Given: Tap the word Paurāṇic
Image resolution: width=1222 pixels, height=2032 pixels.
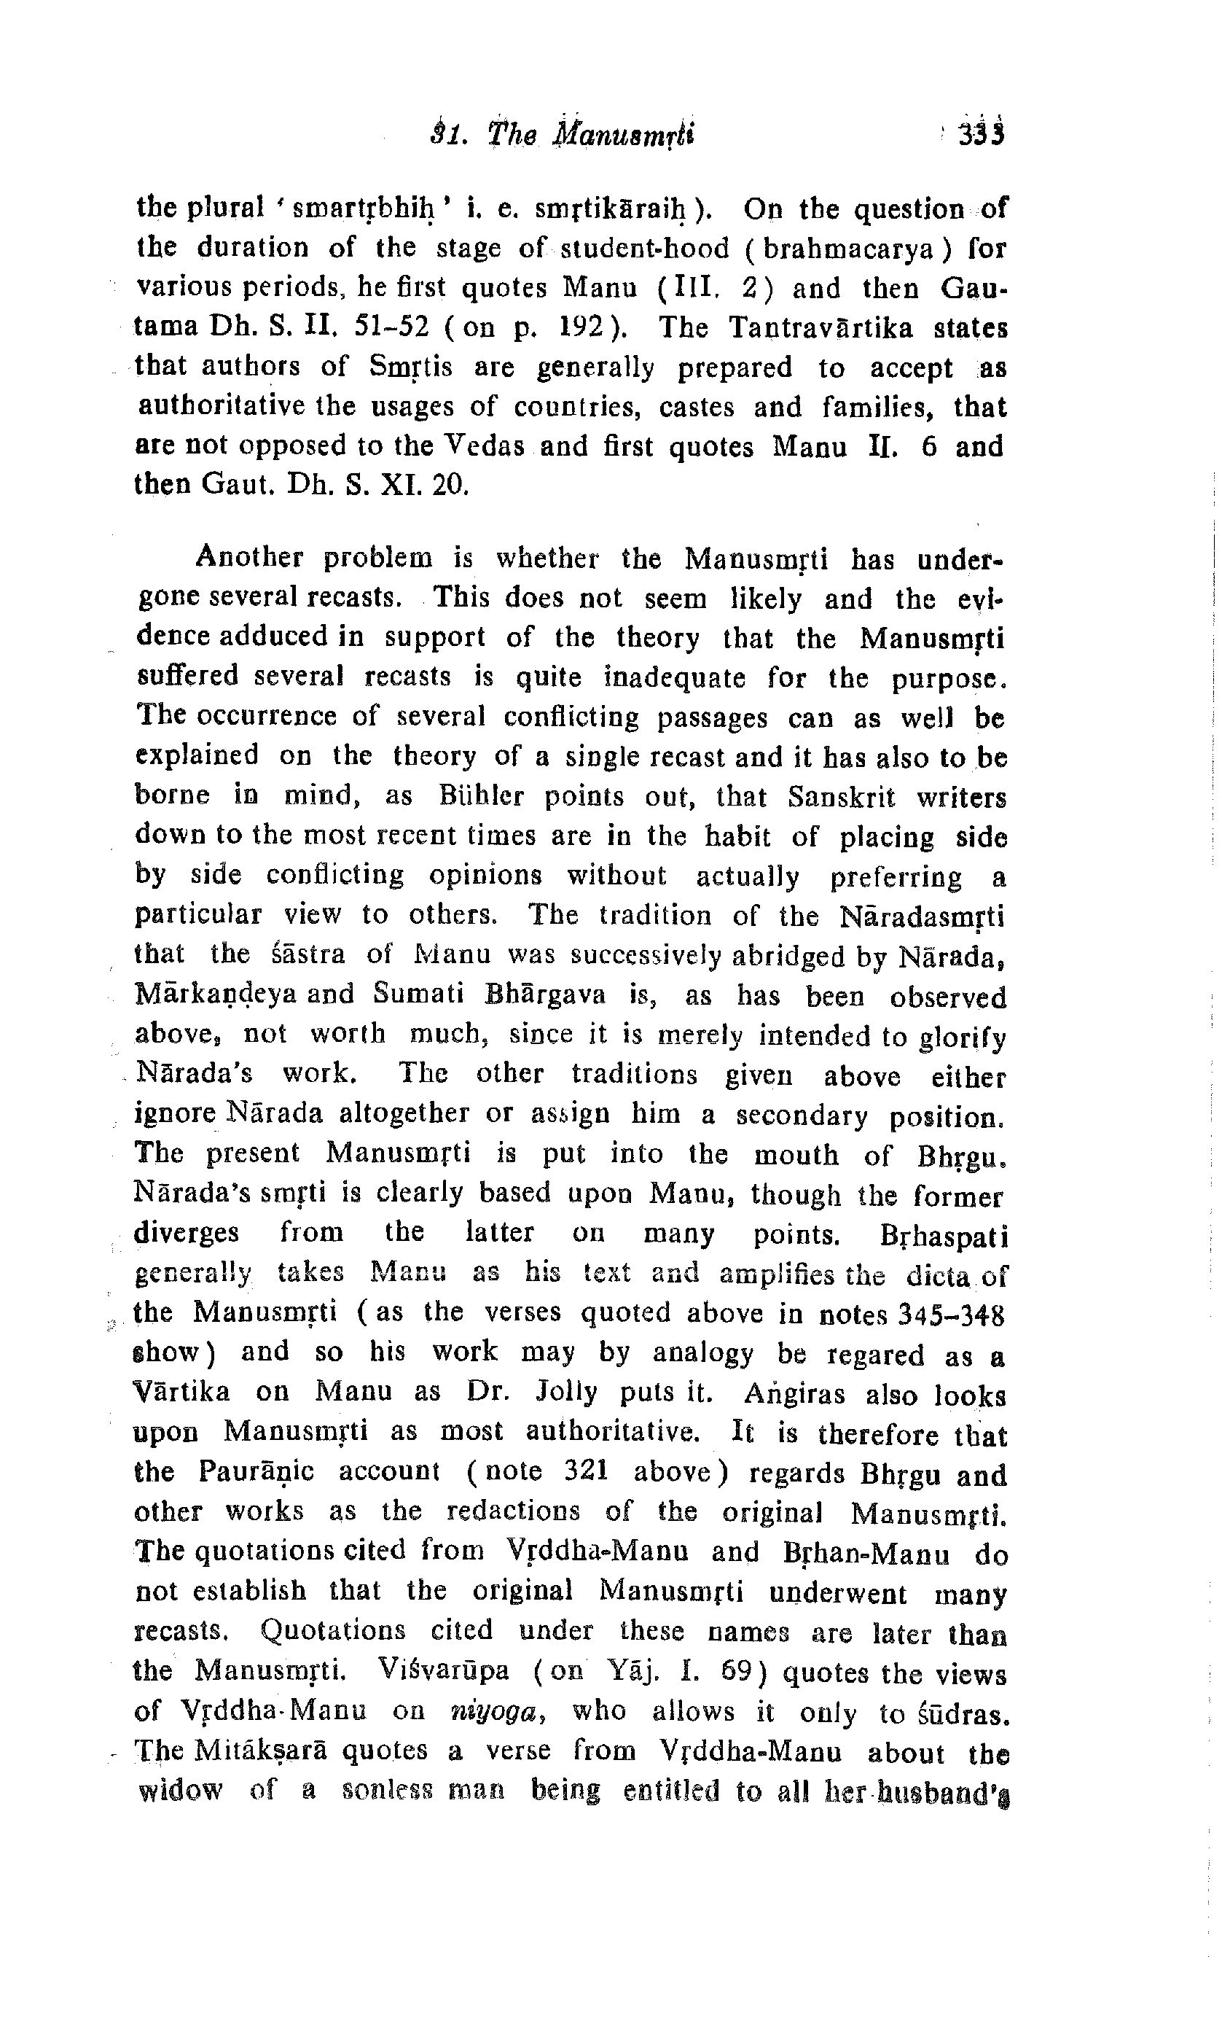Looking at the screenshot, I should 256,1471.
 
